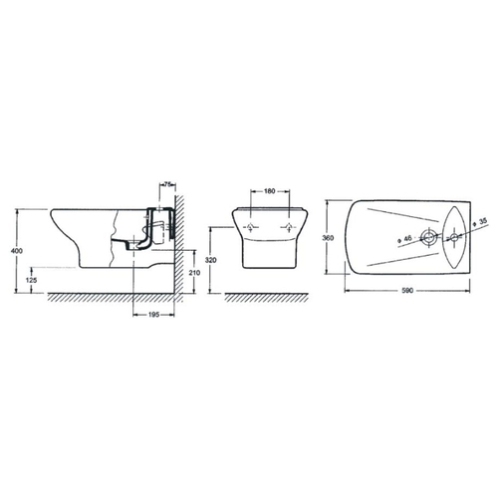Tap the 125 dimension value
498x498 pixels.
tap(31, 280)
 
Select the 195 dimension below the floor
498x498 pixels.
tap(153, 314)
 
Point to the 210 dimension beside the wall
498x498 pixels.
tap(194, 273)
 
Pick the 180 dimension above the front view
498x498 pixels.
tap(270, 191)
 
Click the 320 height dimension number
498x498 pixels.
tap(210, 260)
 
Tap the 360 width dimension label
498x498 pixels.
tap(328, 238)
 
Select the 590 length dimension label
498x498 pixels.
tap(407, 291)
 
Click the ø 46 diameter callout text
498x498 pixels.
tap(404, 238)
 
